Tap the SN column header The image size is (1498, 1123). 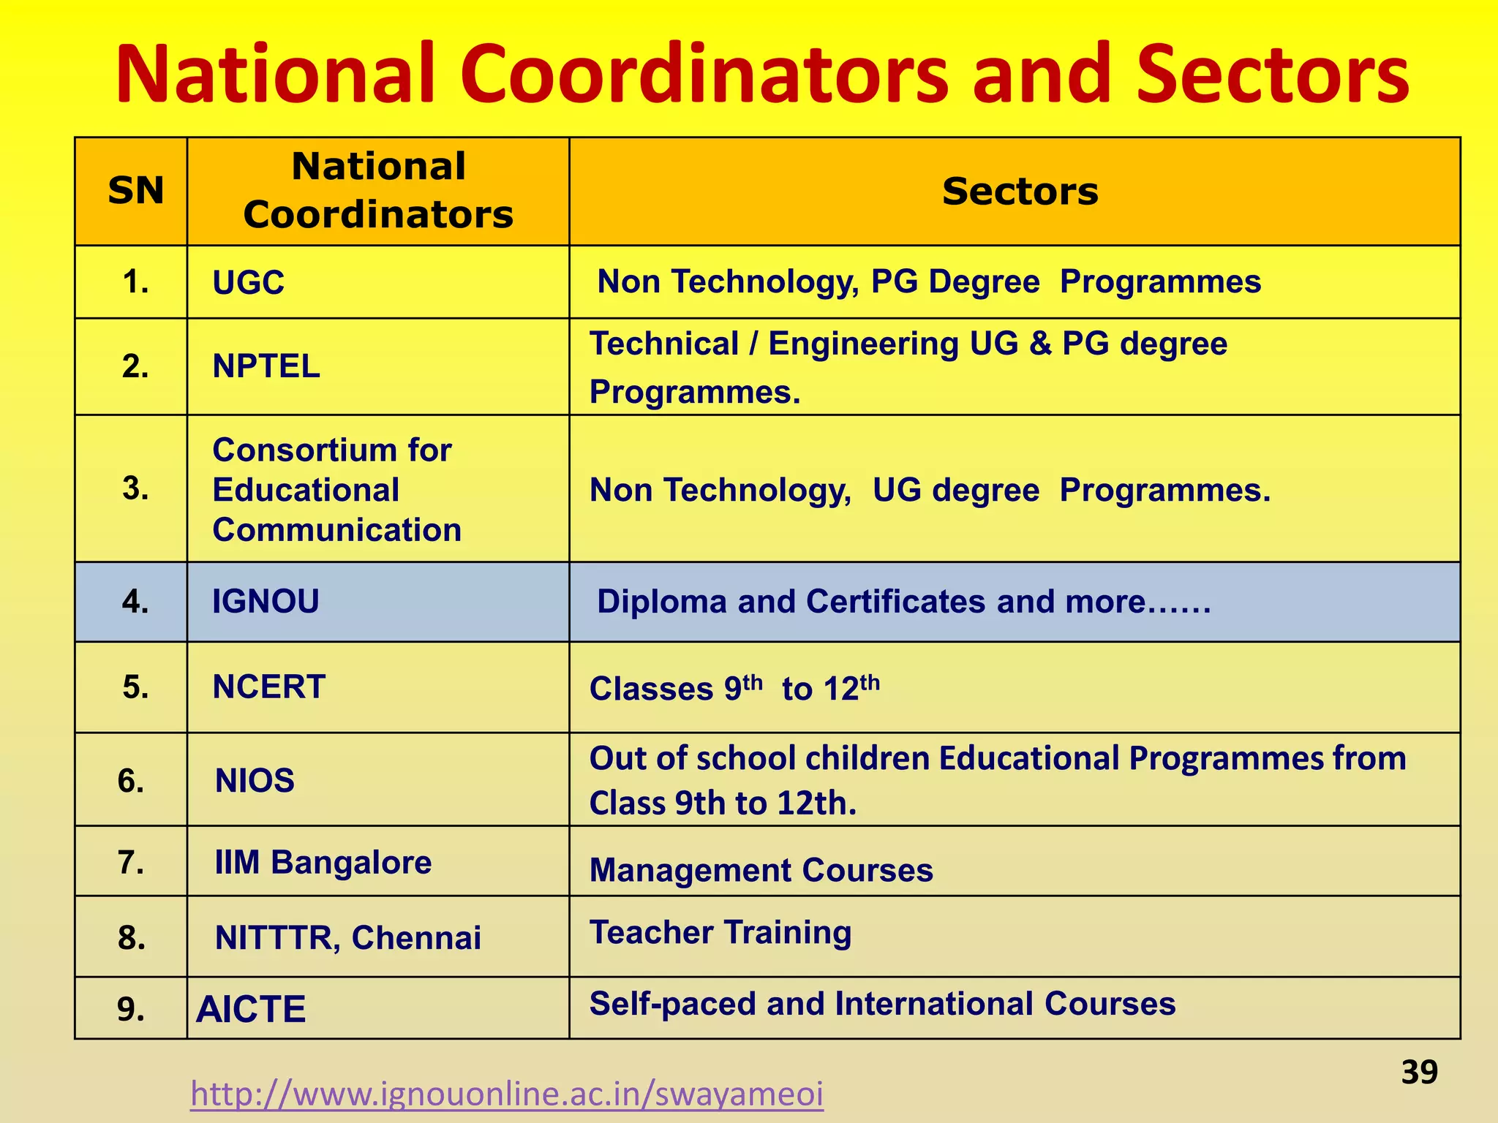tap(135, 191)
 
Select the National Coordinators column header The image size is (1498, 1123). tap(378, 190)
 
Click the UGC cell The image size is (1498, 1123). tap(248, 283)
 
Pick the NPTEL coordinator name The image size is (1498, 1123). tap(266, 366)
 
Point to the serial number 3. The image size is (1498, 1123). tap(135, 488)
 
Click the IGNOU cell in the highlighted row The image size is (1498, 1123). tap(266, 601)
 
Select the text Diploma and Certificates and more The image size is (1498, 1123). tap(903, 602)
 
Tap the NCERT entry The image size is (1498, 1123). tap(268, 687)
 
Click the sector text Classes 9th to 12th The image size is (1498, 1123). tap(734, 688)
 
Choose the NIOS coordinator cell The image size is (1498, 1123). tap(255, 780)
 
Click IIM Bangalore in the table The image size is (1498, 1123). tap(323, 862)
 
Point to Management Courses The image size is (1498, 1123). tap(761, 870)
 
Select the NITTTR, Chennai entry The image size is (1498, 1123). tap(348, 937)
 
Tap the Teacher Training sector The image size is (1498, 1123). tap(720, 932)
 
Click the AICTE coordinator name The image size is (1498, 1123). tap(251, 1009)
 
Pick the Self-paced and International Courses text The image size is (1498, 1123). tap(882, 1003)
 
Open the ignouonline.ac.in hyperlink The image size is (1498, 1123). tap(507, 1094)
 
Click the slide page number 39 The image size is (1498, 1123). tap(1419, 1072)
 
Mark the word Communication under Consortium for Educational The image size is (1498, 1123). tap(337, 529)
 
